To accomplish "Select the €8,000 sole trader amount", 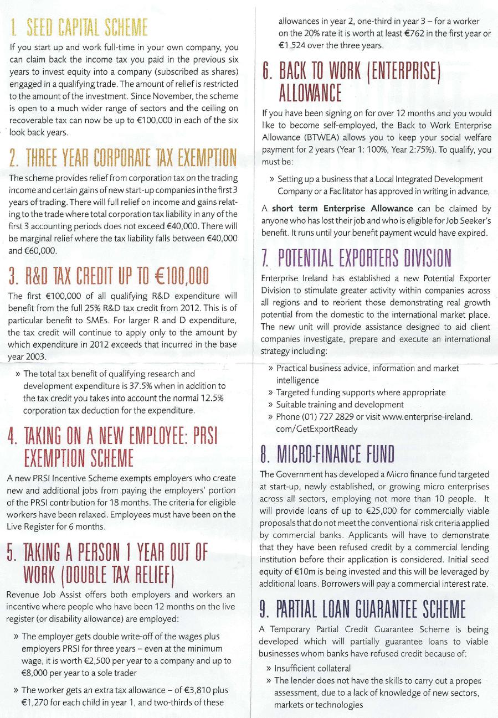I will point(36,674).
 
